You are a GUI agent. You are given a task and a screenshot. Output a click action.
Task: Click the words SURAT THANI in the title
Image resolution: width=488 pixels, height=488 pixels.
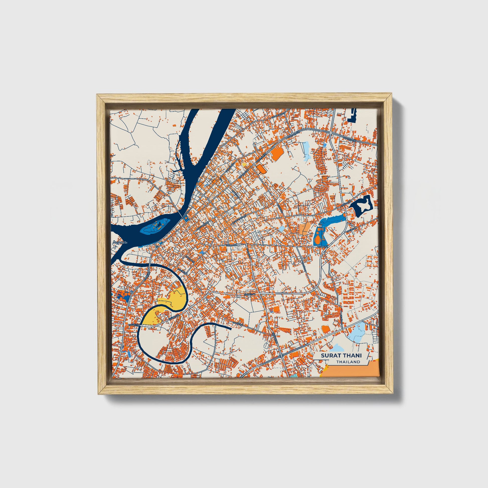click(341, 355)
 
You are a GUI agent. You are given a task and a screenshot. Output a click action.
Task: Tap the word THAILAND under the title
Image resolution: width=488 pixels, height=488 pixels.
click(348, 362)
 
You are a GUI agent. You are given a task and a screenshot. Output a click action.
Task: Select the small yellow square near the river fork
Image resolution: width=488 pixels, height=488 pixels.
click(244, 165)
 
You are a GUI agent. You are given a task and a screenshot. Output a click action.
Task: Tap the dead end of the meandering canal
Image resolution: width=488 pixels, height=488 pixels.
click(230, 329)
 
